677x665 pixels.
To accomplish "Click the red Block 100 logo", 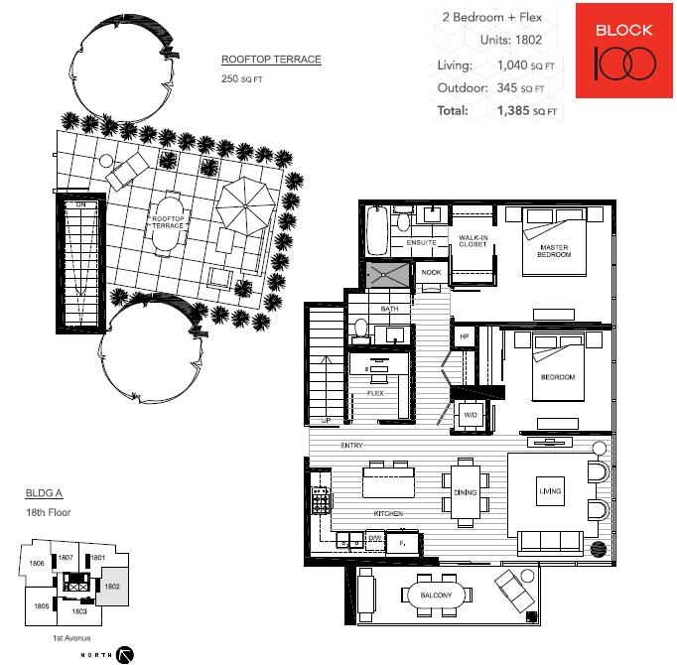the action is coord(624,51).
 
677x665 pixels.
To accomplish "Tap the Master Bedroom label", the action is coord(554,251).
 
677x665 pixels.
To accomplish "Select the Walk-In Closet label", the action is coord(474,241).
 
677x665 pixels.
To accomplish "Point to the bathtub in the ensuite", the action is coord(377,230).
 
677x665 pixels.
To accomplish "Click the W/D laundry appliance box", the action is coord(471,415).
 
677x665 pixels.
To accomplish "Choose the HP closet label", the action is coord(465,336).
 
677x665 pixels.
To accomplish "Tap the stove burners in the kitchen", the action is coord(321,500).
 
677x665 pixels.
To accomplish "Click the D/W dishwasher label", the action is coord(375,538).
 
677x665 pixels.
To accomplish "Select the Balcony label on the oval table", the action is coord(436,596).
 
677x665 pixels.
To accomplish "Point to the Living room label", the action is coord(550,491).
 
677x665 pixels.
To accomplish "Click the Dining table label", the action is coord(465,492).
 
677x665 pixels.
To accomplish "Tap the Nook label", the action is coord(431,273).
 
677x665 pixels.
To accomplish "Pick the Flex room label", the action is coord(375,393).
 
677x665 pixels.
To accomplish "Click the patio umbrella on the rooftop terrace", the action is coord(245,206).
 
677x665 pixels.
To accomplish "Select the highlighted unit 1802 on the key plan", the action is coord(112,587).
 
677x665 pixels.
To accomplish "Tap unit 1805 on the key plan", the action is coord(41,605).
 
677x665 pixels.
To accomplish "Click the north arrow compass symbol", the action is coord(125,655).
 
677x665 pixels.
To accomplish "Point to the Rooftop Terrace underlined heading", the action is coord(271,60).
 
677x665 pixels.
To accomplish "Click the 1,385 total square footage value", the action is coord(513,110).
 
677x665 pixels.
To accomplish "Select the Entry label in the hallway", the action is coord(351,446).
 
